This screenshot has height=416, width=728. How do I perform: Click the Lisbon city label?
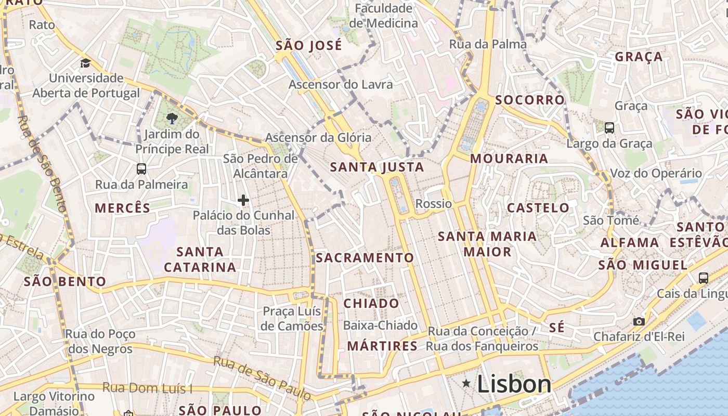pyautogui.click(x=514, y=384)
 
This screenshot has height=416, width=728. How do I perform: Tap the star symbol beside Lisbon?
pyautogui.click(x=466, y=384)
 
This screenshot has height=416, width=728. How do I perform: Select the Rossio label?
pyautogui.click(x=434, y=203)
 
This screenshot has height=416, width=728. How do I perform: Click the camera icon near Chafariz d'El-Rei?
pyautogui.click(x=639, y=322)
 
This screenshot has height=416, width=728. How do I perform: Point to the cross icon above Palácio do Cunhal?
pyautogui.click(x=243, y=200)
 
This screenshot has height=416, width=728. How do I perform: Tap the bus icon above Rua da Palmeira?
pyautogui.click(x=141, y=169)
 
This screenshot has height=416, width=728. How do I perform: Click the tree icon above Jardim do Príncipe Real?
pyautogui.click(x=172, y=119)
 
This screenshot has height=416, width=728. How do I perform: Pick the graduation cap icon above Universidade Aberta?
pyautogui.click(x=85, y=63)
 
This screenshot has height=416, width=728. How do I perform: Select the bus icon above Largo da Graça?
pyautogui.click(x=609, y=128)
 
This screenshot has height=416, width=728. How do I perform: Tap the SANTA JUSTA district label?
pyautogui.click(x=377, y=167)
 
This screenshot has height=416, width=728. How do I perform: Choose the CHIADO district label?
pyautogui.click(x=371, y=303)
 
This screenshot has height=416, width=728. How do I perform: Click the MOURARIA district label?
pyautogui.click(x=509, y=159)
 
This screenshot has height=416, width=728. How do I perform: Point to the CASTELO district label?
pyautogui.click(x=538, y=208)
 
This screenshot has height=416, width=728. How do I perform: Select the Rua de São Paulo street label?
pyautogui.click(x=262, y=378)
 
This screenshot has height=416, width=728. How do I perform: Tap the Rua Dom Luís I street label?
pyautogui.click(x=147, y=388)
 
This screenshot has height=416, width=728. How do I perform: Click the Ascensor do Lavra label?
pyautogui.click(x=341, y=84)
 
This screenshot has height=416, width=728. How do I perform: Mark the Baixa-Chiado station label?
pyautogui.click(x=380, y=326)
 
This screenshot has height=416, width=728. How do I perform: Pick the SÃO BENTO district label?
pyautogui.click(x=65, y=282)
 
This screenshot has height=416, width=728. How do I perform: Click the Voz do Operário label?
pyautogui.click(x=656, y=174)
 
